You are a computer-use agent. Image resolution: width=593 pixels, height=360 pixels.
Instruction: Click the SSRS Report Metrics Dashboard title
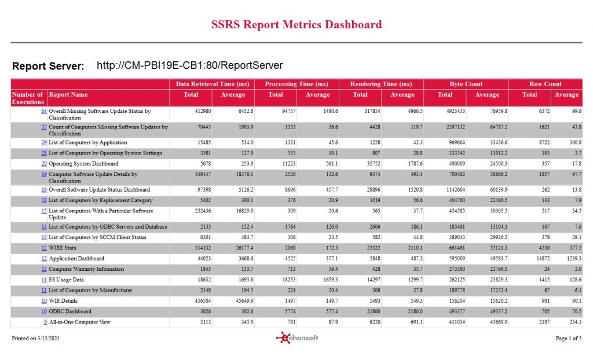coord(296,24)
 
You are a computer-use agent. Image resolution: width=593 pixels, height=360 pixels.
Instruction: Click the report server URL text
coord(190,65)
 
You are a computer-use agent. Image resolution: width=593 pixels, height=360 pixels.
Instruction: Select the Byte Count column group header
coord(466,84)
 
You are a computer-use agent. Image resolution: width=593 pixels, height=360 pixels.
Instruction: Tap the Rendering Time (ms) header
coord(381,84)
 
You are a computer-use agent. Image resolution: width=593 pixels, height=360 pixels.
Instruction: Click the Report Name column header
coord(68,94)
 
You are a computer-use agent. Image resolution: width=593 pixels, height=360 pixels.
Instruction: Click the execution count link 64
coord(44,111)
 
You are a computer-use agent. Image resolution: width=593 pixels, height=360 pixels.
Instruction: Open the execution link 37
coord(44,127)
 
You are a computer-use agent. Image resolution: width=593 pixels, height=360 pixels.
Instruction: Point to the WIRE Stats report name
coord(63,248)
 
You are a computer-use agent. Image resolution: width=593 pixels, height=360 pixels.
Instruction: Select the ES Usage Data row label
coord(66,280)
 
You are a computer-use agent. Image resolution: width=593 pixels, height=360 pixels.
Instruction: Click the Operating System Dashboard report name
coord(83,164)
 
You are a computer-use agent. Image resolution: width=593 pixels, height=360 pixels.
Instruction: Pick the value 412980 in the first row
coord(204,111)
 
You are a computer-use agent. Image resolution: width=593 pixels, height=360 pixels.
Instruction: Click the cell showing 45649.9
coord(245,301)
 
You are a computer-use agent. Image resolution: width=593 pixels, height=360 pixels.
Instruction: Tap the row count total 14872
coord(543,259)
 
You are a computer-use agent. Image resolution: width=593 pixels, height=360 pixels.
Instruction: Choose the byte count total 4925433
coord(455,111)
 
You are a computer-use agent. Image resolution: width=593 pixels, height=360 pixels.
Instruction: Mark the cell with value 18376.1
coord(245,174)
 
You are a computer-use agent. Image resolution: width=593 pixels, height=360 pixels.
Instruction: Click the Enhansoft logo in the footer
coord(297,337)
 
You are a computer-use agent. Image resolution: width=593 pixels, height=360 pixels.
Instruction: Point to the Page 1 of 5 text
coord(569,339)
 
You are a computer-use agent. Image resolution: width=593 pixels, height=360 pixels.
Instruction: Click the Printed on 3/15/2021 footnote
coord(35,339)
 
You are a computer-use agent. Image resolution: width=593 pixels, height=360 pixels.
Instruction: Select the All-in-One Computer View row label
coord(79,322)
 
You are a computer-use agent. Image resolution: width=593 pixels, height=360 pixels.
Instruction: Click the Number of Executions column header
coord(28,98)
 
